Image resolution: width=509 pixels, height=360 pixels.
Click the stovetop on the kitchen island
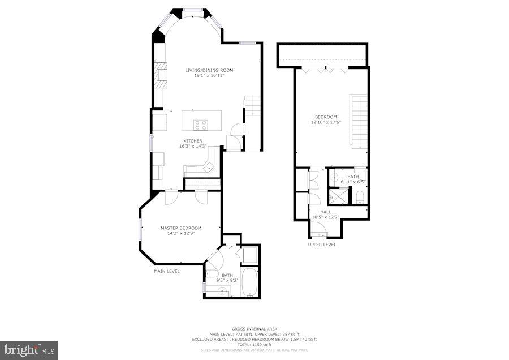201,125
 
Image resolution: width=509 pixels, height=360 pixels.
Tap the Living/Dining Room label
209,70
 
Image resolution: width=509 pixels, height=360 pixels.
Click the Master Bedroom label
180,228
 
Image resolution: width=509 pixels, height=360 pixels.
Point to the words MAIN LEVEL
167,271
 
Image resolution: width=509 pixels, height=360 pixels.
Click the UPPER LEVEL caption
322,245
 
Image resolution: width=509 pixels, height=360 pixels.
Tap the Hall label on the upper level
326,212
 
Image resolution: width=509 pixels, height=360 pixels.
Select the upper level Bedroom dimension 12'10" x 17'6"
326,122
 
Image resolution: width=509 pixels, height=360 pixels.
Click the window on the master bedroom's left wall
141,233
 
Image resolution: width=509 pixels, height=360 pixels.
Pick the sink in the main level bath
222,291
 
